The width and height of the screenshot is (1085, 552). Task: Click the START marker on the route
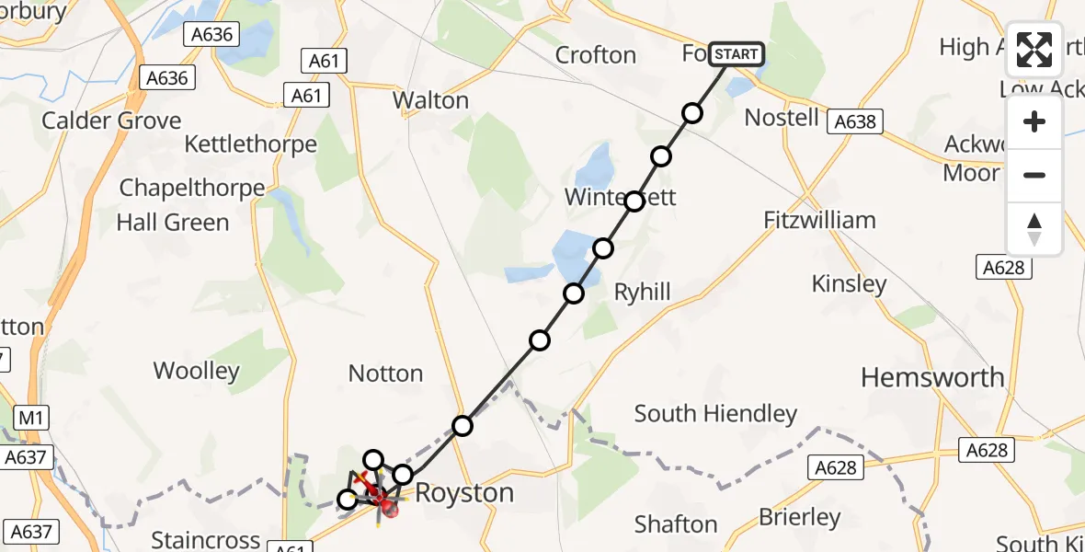pyautogui.click(x=737, y=54)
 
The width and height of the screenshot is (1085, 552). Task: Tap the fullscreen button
pyautogui.click(x=1034, y=50)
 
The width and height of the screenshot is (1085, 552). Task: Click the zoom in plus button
pyautogui.click(x=1034, y=121)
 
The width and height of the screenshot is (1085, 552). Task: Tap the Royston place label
pyautogui.click(x=464, y=493)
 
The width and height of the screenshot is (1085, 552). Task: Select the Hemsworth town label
pyautogui.click(x=932, y=377)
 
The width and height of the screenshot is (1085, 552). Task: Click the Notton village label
pyautogui.click(x=385, y=374)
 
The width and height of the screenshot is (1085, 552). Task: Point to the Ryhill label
pyautogui.click(x=642, y=293)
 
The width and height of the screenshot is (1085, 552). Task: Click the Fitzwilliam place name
pyautogui.click(x=819, y=220)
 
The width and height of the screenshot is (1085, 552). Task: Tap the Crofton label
pyautogui.click(x=596, y=55)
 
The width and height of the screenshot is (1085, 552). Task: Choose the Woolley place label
pyautogui.click(x=196, y=371)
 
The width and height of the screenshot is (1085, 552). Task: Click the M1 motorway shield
pyautogui.click(x=31, y=419)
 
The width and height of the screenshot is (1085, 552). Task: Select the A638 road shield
pyautogui.click(x=854, y=121)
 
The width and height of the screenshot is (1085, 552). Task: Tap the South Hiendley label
pyautogui.click(x=715, y=414)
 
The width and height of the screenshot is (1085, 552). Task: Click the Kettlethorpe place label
pyautogui.click(x=250, y=144)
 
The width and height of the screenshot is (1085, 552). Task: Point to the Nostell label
pyautogui.click(x=781, y=118)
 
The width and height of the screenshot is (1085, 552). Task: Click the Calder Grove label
pyautogui.click(x=111, y=121)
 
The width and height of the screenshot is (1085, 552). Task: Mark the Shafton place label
pyautogui.click(x=676, y=524)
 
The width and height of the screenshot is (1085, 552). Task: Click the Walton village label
pyautogui.click(x=430, y=100)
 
